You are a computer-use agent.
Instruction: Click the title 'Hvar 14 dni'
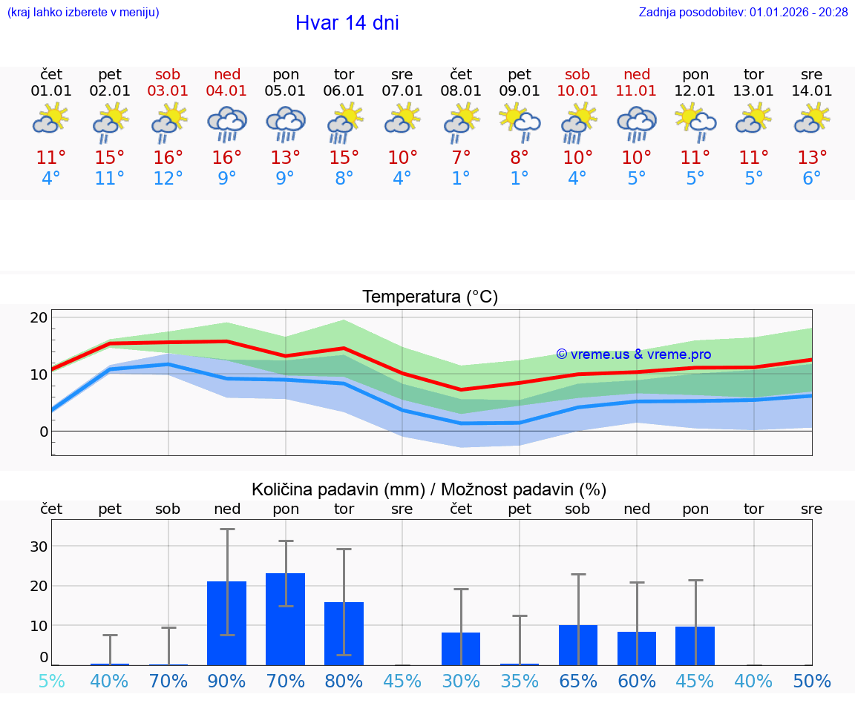(x=347, y=23)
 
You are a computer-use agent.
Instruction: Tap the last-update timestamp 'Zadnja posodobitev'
(x=743, y=13)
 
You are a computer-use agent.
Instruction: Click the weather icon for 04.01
(x=227, y=124)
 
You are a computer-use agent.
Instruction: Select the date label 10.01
(x=577, y=91)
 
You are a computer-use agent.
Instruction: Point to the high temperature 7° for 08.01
(x=461, y=158)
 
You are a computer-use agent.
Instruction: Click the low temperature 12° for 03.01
(x=168, y=179)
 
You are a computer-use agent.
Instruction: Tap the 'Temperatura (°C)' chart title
(x=430, y=297)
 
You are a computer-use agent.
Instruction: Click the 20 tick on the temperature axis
(x=39, y=318)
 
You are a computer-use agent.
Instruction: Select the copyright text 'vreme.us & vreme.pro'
(x=634, y=354)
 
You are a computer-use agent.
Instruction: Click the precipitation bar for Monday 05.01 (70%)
(x=286, y=619)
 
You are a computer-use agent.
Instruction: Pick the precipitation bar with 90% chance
(x=227, y=623)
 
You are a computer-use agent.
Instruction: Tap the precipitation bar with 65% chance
(x=577, y=645)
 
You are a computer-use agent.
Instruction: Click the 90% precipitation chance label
(x=227, y=681)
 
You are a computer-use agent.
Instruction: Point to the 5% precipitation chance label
(x=51, y=681)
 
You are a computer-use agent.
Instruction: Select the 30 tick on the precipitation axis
(x=39, y=547)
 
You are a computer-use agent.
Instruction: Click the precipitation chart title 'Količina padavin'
(x=429, y=489)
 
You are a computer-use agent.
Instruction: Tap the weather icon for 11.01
(x=636, y=124)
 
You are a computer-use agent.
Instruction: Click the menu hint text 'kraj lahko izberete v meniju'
(x=83, y=13)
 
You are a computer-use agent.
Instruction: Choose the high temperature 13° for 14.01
(x=812, y=158)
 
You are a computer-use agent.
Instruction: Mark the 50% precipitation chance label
(x=812, y=681)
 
